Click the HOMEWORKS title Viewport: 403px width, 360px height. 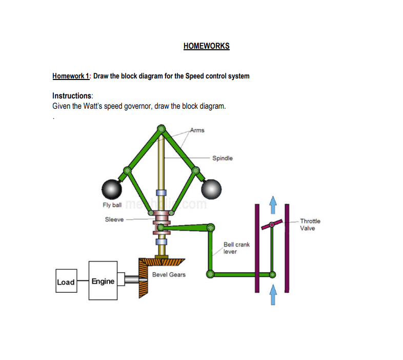(206, 46)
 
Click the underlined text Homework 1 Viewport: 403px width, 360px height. (71, 76)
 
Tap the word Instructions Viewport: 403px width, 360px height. (72, 96)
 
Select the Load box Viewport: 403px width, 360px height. (66, 282)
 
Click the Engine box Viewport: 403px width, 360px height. (103, 281)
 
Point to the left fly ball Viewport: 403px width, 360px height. (112, 189)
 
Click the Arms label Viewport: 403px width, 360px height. (197, 130)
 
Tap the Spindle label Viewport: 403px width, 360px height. (222, 158)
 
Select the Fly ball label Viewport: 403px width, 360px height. (112, 205)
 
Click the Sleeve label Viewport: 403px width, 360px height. (114, 219)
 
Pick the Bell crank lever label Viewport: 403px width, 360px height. (236, 248)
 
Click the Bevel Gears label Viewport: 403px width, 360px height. (169, 275)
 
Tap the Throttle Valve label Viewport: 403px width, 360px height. (310, 225)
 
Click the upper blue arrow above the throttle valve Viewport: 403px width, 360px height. (273, 204)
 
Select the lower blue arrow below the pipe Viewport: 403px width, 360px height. (273, 295)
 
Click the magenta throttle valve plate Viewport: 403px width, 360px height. (271, 225)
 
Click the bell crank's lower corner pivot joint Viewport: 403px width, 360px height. (210, 274)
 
